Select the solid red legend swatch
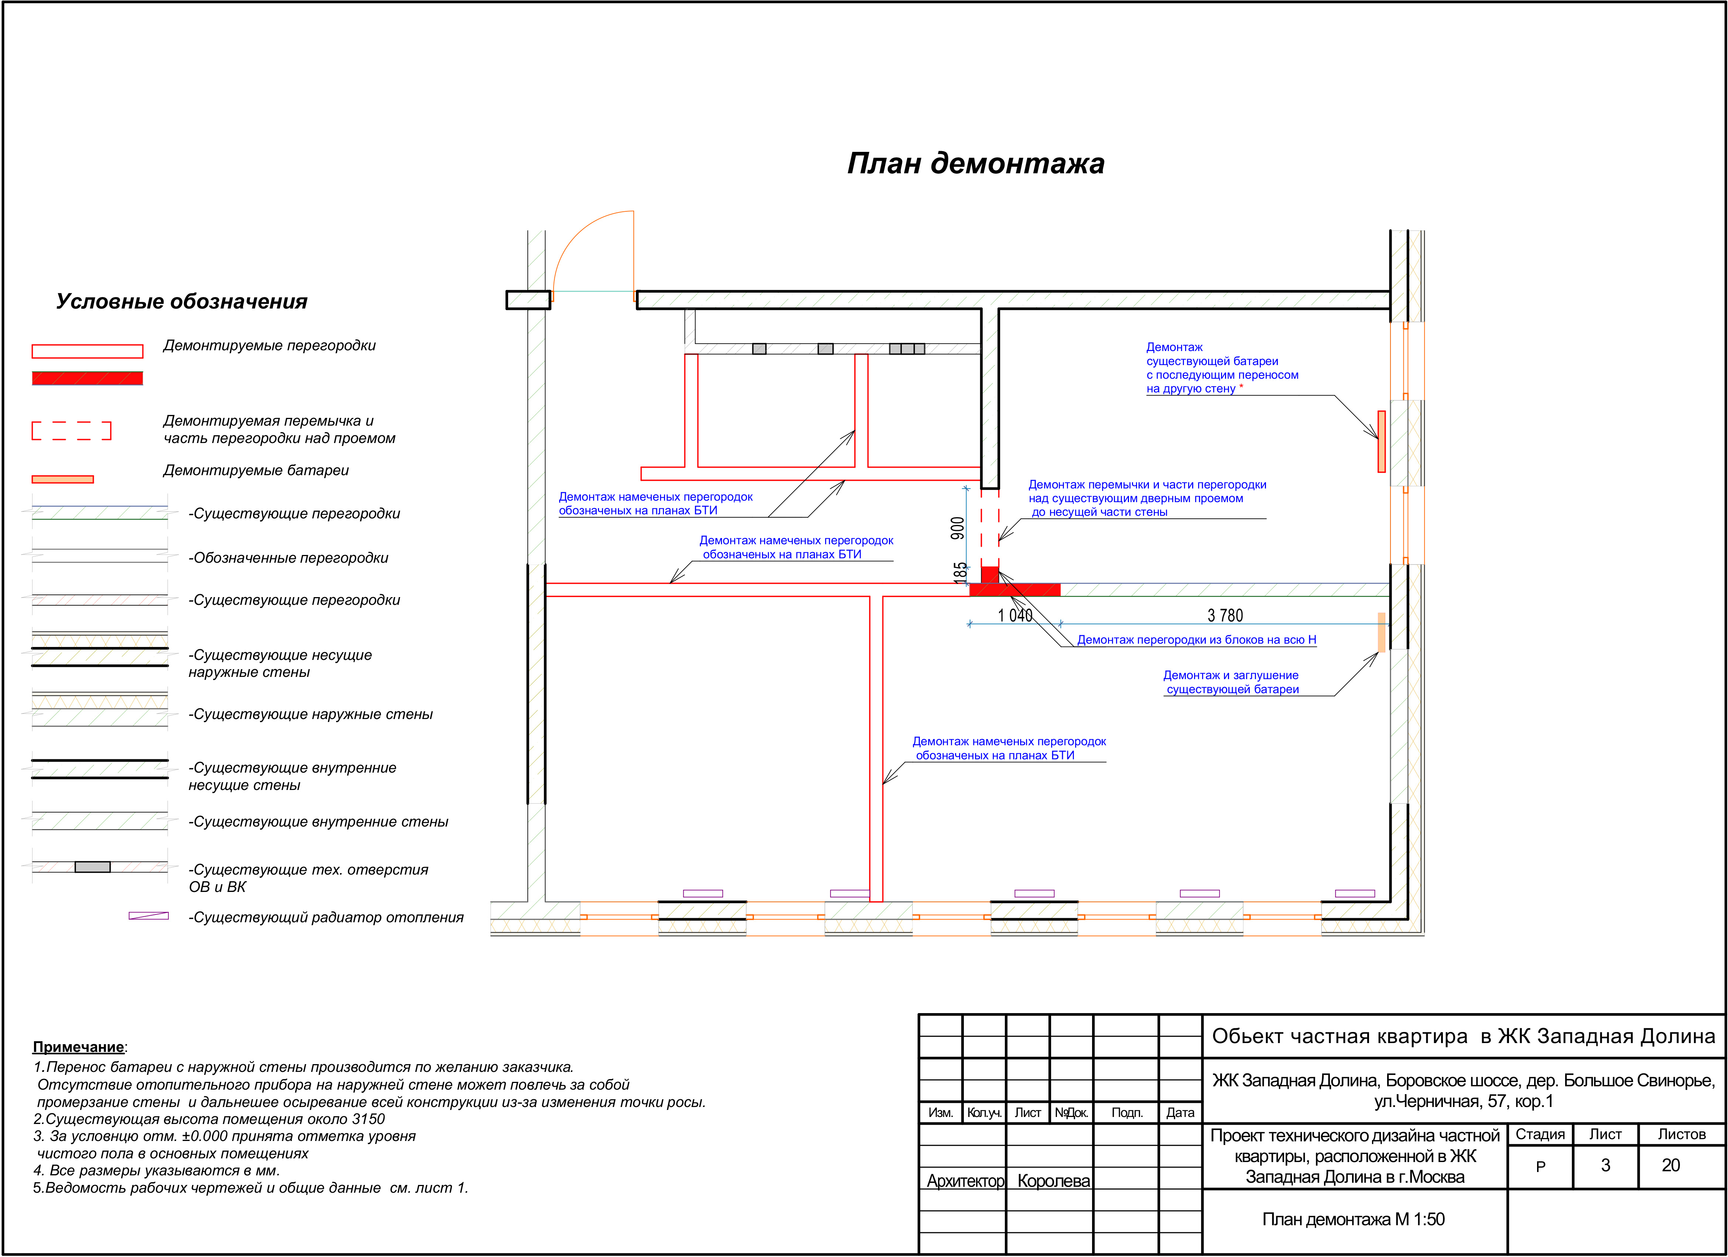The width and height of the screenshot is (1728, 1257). [x=87, y=378]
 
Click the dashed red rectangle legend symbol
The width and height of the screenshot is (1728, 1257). [x=72, y=431]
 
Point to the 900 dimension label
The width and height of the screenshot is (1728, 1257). [x=958, y=528]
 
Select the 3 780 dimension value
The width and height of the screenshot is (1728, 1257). [x=1225, y=615]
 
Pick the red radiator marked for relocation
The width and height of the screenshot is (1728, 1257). [x=1381, y=442]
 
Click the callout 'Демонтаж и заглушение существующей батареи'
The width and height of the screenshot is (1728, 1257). [x=1231, y=682]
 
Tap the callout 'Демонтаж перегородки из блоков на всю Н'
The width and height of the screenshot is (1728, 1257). [x=1196, y=640]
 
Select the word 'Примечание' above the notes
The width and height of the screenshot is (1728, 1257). [x=78, y=1047]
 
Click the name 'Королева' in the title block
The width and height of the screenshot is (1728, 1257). [x=1054, y=1181]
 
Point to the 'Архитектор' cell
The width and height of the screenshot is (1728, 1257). [x=965, y=1181]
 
